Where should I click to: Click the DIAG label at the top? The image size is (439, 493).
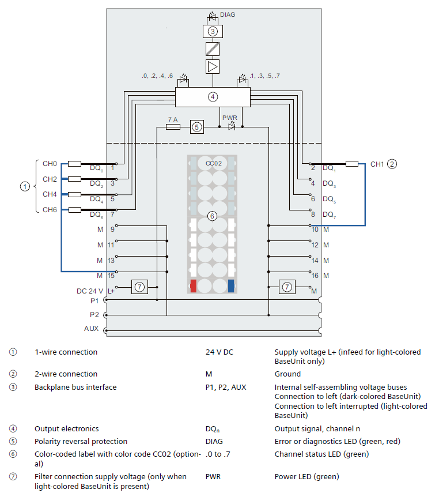click(228, 15)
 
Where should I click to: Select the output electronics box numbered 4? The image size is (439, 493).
click(213, 96)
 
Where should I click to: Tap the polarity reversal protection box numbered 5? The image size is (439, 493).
click(197, 127)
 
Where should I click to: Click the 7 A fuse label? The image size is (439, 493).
click(172, 119)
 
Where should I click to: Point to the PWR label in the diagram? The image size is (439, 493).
click(230, 118)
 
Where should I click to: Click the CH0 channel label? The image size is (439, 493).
click(50, 164)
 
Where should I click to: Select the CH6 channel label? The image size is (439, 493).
click(50, 210)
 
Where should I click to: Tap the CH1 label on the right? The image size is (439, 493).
click(377, 164)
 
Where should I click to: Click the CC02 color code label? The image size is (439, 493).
click(213, 164)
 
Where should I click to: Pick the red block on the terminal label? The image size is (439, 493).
click(194, 285)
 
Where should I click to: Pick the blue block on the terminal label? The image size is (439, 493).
click(231, 285)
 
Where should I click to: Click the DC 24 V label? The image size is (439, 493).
click(89, 291)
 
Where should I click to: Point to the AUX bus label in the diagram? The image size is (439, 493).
click(92, 329)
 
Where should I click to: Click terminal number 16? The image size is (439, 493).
click(315, 276)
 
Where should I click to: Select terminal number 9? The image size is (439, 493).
click(112, 229)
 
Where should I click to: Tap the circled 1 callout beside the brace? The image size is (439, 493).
click(24, 186)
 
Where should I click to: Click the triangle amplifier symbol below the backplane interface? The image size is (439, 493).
click(213, 67)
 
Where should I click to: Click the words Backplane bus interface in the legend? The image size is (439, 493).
click(75, 387)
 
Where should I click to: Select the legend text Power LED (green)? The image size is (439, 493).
click(306, 477)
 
